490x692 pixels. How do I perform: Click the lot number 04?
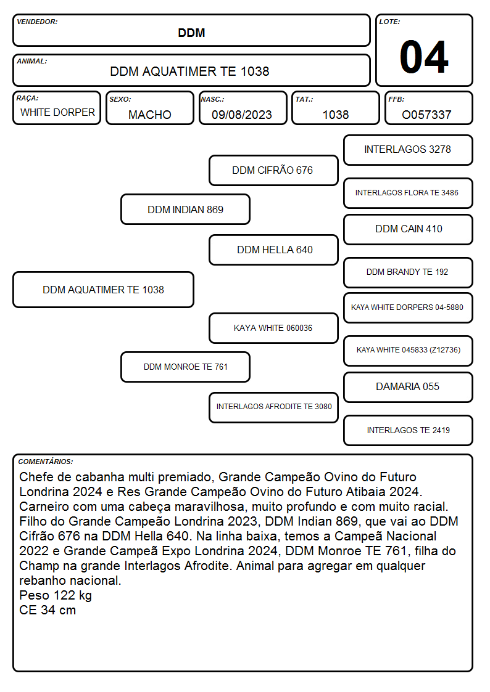tap(424, 57)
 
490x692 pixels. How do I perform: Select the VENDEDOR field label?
tap(37, 22)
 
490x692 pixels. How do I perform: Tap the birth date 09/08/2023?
tap(242, 115)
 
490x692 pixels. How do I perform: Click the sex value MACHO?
tap(150, 115)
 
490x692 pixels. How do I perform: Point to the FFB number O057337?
tap(426, 115)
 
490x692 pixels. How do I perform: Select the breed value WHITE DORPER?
tap(57, 113)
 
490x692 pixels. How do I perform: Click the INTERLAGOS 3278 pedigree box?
tap(408, 150)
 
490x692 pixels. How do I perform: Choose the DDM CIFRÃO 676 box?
tap(273, 170)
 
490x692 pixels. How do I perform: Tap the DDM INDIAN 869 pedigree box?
tap(186, 210)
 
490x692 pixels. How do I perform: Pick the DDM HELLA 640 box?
tap(273, 250)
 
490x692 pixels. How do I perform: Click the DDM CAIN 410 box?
tap(408, 229)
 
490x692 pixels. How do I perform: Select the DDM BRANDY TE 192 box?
tap(408, 272)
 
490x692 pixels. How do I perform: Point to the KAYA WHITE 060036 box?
tap(273, 328)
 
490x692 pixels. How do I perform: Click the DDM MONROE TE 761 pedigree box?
tap(186, 367)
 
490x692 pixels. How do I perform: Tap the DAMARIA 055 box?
tap(408, 387)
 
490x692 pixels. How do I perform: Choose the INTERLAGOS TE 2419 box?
tap(408, 430)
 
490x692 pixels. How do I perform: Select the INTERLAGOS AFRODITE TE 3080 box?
tap(273, 407)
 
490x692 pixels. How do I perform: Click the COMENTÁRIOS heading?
tap(46, 462)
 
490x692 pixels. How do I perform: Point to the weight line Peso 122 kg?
tap(56, 595)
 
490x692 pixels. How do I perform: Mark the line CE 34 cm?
tap(48, 611)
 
